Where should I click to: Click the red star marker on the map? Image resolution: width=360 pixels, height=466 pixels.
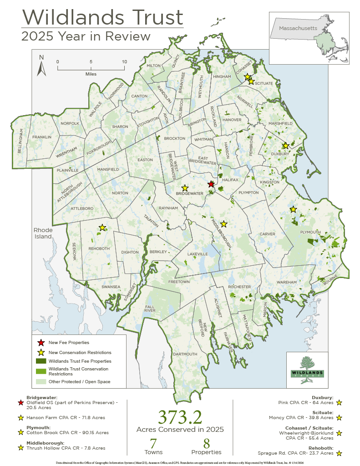(211, 184)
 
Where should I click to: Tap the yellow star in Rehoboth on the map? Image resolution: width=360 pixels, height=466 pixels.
(102, 228)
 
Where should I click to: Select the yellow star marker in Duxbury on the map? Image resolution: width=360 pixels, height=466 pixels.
(285, 146)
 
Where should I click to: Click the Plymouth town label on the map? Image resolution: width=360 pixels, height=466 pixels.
(310, 232)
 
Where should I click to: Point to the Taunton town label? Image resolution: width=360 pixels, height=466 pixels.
(151, 221)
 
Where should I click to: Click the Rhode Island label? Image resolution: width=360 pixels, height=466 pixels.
(43, 233)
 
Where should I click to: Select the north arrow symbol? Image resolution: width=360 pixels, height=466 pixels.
(41, 66)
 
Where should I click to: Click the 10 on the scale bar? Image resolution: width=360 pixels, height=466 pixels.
(124, 61)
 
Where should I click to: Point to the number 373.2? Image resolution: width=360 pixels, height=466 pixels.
(180, 417)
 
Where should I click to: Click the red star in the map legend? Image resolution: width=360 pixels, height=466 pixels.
(41, 343)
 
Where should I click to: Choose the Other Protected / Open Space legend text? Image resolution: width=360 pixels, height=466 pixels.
(79, 381)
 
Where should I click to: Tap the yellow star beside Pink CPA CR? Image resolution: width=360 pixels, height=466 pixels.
(339, 403)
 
